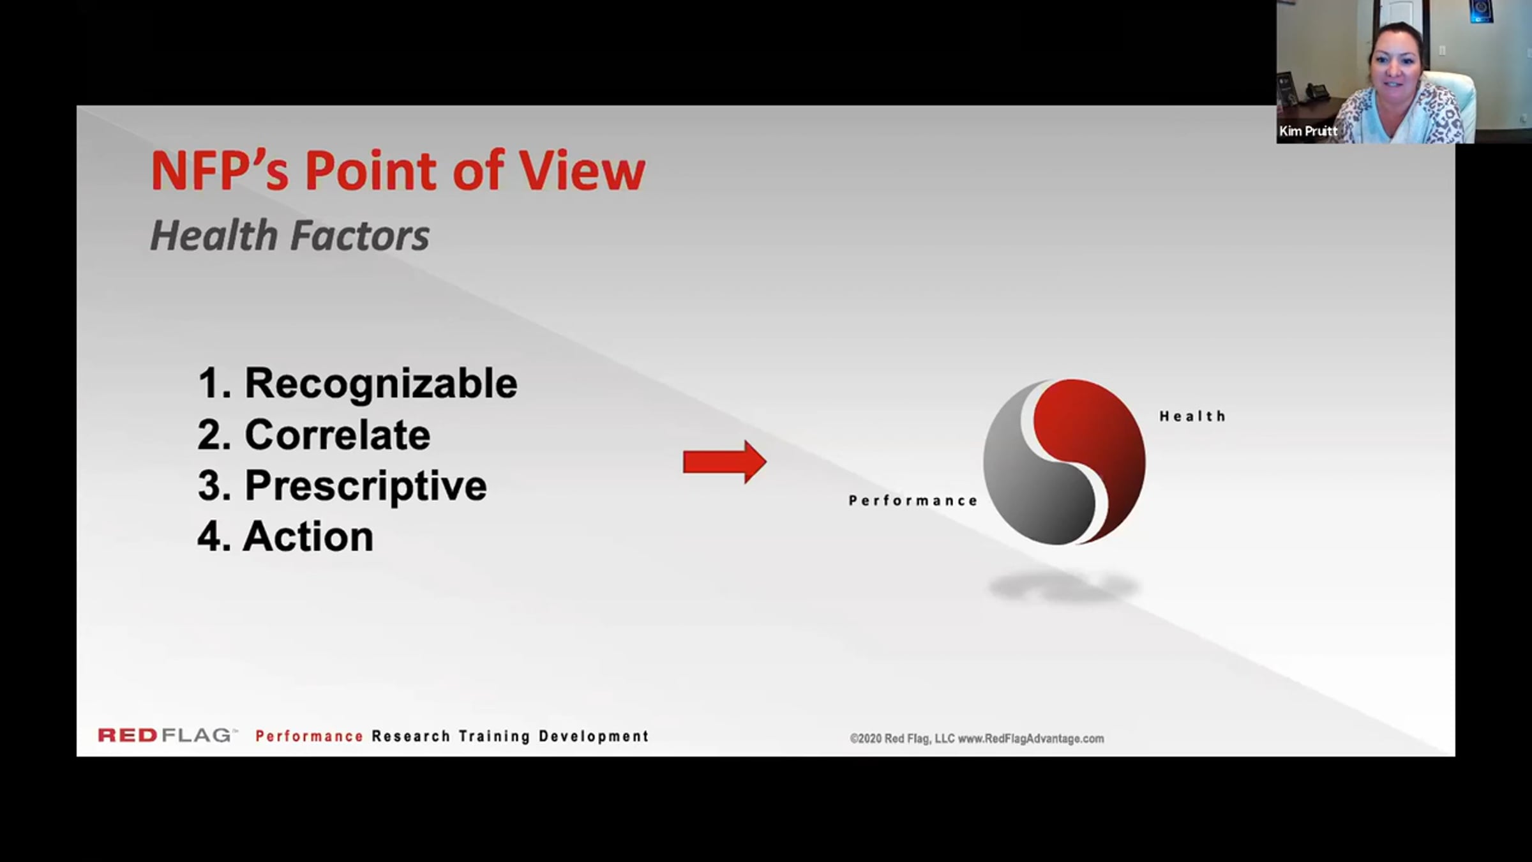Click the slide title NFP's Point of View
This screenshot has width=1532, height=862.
[398, 170]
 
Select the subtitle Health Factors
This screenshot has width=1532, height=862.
[290, 236]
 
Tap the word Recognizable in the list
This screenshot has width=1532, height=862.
[381, 384]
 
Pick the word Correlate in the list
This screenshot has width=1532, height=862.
[338, 435]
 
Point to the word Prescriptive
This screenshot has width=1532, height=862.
[366, 487]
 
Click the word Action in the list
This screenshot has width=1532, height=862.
[308, 536]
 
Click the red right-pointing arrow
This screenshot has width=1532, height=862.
[725, 461]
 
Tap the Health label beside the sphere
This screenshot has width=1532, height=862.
[1192, 416]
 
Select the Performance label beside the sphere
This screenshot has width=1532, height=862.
[913, 501]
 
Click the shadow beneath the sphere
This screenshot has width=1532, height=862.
[1063, 587]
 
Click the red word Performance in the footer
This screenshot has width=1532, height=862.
[310, 736]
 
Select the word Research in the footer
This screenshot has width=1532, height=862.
[411, 736]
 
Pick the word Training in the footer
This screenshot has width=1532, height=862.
[495, 736]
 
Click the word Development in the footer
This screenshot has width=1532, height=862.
[594, 736]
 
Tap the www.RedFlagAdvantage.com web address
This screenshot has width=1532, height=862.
[1031, 739]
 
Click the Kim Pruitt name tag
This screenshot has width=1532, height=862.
[1308, 132]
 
